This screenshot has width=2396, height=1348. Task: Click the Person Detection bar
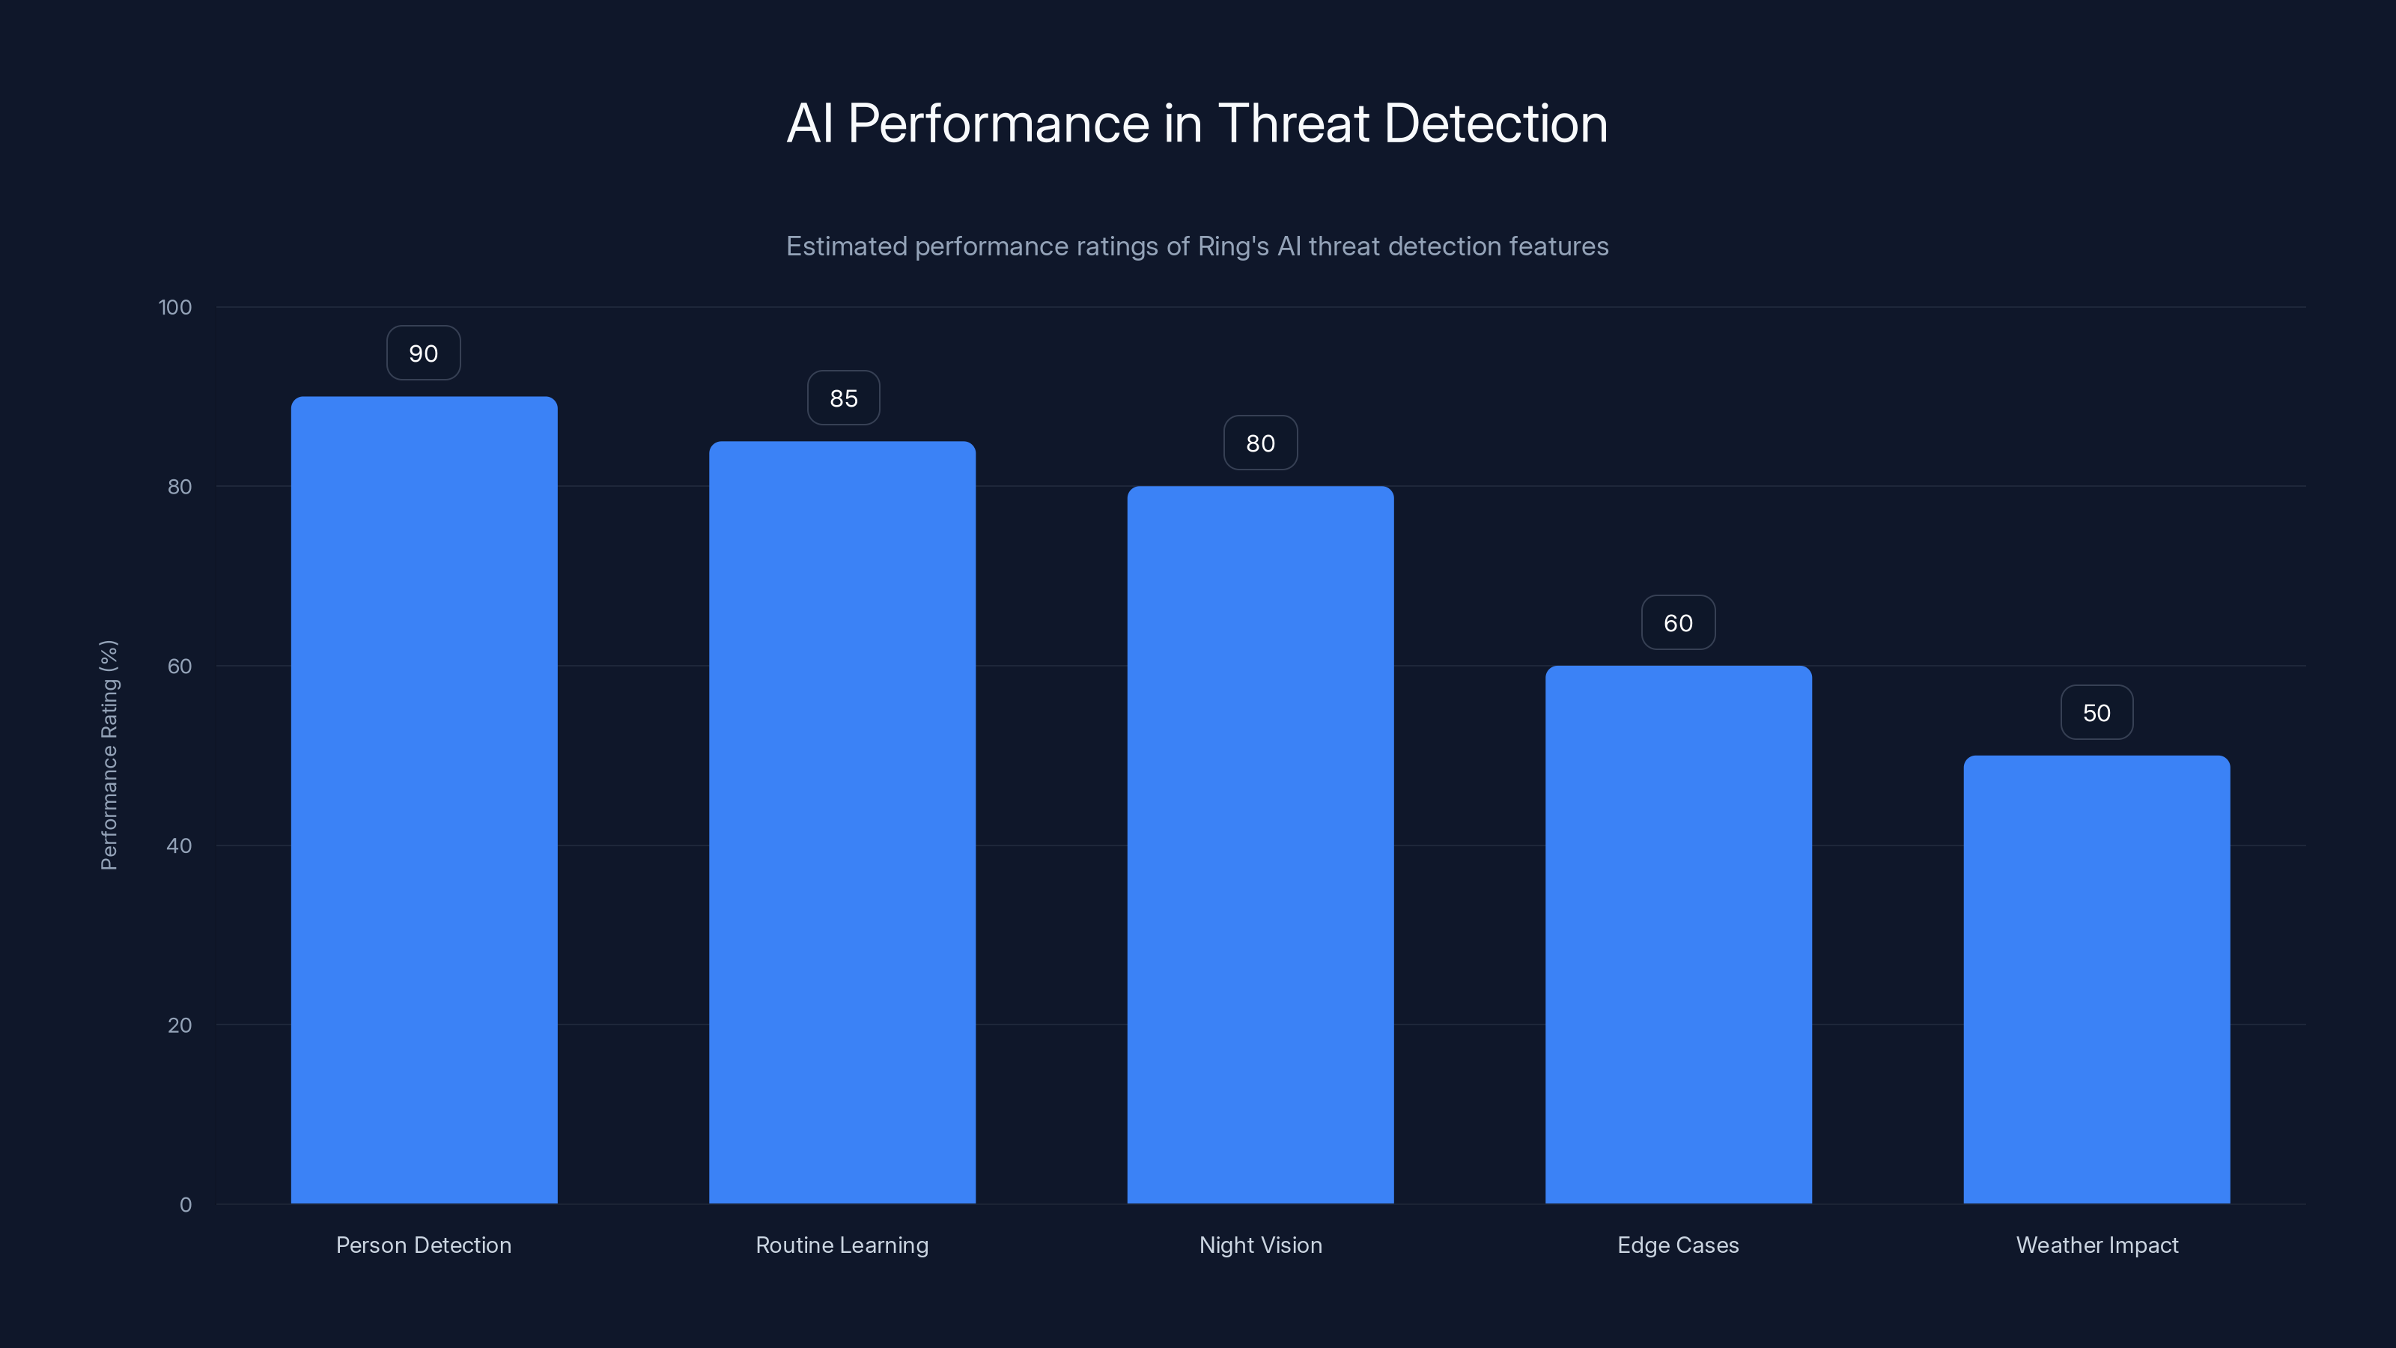(424, 800)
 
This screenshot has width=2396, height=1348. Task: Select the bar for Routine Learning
(842, 822)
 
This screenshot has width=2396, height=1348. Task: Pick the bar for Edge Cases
(1678, 934)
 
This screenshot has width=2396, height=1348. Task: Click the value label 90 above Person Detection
(423, 353)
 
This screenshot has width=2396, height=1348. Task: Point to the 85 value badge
(844, 398)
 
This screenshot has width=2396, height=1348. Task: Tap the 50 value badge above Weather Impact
(2096, 713)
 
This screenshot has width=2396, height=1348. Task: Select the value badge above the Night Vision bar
(1260, 443)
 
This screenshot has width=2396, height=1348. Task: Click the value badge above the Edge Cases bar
(1678, 623)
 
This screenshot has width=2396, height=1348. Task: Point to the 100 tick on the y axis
(175, 307)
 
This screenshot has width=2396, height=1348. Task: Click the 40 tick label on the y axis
(179, 845)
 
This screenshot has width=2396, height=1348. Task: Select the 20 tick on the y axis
(179, 1025)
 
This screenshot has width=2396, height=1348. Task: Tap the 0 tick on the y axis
(185, 1205)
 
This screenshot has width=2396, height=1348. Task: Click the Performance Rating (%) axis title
(109, 754)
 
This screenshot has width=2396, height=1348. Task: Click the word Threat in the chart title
(1293, 124)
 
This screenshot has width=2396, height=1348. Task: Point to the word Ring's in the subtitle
(1232, 246)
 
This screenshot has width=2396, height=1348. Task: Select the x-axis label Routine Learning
(842, 1245)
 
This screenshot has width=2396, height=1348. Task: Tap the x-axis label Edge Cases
(1678, 1245)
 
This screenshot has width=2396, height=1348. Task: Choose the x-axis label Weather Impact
(2096, 1245)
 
